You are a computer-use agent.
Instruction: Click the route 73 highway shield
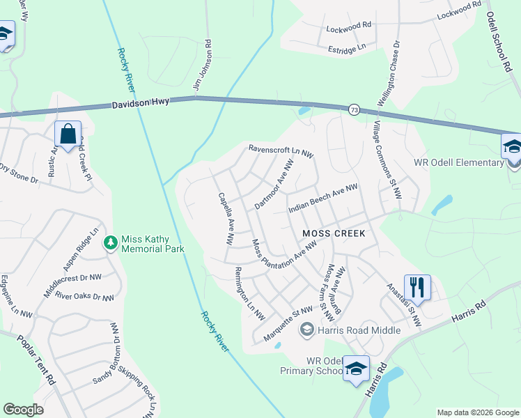[x=354, y=109]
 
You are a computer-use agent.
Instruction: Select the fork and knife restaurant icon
[x=417, y=286]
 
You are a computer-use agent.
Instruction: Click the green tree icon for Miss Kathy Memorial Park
[x=110, y=242]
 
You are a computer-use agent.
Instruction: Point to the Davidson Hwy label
[x=142, y=105]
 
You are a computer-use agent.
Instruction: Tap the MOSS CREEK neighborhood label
[x=333, y=233]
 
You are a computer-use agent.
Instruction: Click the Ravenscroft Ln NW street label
[x=281, y=148]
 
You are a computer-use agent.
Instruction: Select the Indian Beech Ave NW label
[x=322, y=199]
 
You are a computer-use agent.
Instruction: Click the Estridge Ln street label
[x=346, y=48]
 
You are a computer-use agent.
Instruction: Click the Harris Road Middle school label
[x=359, y=330]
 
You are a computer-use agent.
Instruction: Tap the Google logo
[x=24, y=410]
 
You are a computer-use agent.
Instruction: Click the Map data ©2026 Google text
[x=477, y=412]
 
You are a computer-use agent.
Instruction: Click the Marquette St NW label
[x=288, y=325]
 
